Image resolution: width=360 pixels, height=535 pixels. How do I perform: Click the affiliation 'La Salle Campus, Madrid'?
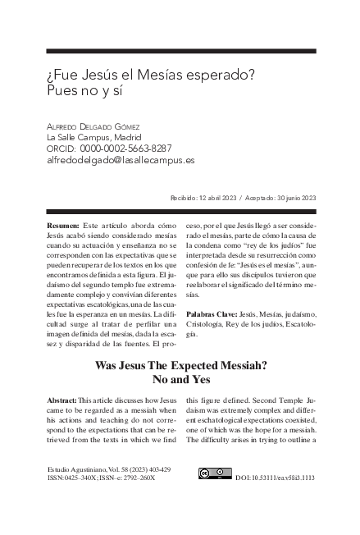(x=93, y=137)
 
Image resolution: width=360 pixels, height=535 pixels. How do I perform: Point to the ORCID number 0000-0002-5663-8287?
(x=125, y=149)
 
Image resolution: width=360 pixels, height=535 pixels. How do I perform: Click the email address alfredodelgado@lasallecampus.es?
(x=121, y=160)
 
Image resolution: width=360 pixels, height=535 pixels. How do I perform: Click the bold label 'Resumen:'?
(x=63, y=224)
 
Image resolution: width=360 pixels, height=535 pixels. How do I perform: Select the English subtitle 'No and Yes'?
(x=180, y=381)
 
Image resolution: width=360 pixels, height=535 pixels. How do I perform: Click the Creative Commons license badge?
(x=215, y=473)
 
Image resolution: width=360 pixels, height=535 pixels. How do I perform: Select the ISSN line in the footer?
(x=102, y=477)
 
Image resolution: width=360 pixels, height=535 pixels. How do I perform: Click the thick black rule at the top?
(x=180, y=50)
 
